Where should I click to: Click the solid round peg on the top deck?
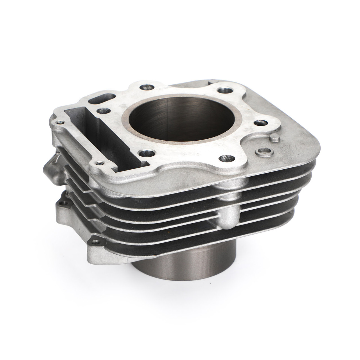pyautogui.click(x=274, y=139)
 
